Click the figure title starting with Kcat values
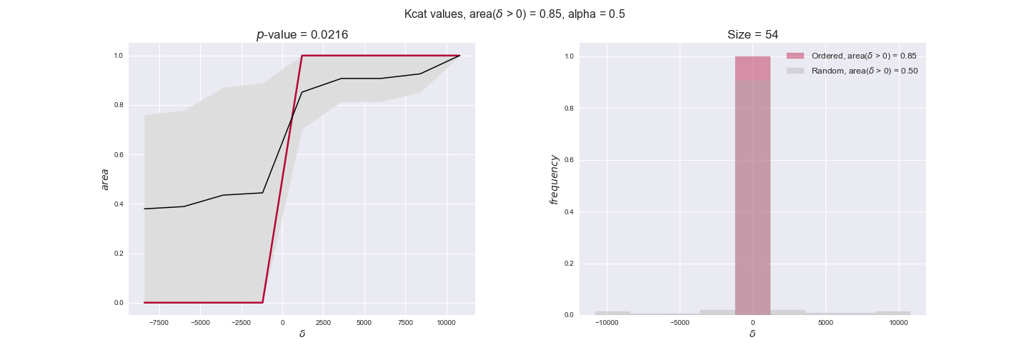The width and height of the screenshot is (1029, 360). point(514,14)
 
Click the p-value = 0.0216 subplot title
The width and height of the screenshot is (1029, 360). point(302,34)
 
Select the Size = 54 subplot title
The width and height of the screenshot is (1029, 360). point(752,34)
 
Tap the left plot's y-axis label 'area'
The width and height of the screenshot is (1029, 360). point(105,179)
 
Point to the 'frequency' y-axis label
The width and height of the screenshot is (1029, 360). point(554,179)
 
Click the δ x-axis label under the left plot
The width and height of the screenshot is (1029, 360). point(302,334)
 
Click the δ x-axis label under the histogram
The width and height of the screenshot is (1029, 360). point(752,334)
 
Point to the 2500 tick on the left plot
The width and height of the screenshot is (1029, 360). point(323,322)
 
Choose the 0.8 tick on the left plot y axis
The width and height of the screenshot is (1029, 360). point(119,105)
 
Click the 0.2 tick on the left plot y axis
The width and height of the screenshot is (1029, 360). point(119,254)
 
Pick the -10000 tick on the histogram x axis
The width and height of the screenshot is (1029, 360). point(607,322)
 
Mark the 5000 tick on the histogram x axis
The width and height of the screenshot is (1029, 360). point(825,322)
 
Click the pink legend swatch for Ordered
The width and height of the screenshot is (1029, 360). point(795,56)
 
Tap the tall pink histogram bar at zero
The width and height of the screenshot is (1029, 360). point(752,186)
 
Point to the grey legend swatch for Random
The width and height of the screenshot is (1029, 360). point(795,71)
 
